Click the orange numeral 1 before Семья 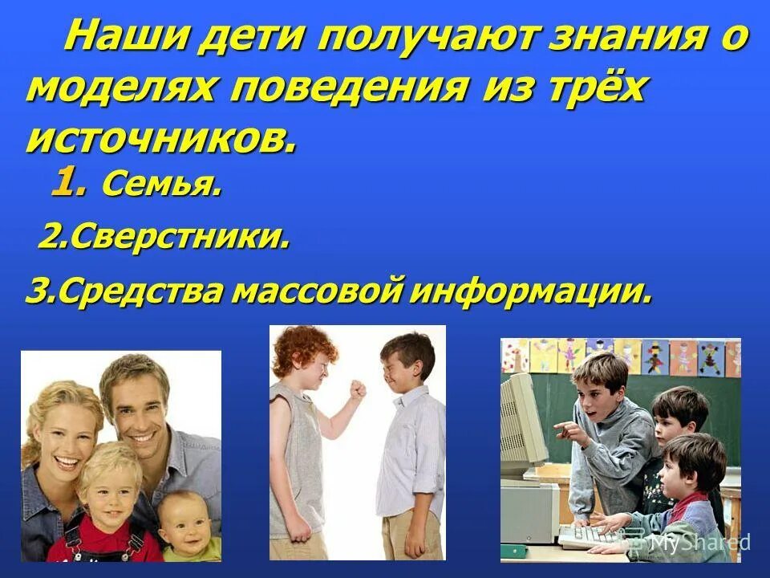(x=67, y=185)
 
